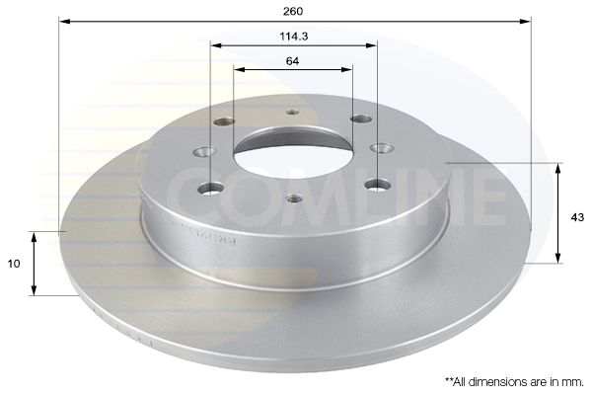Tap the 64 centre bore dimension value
[293, 59]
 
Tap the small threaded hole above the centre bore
[292, 112]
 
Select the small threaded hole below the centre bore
[292, 198]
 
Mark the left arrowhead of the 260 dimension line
[64, 20]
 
